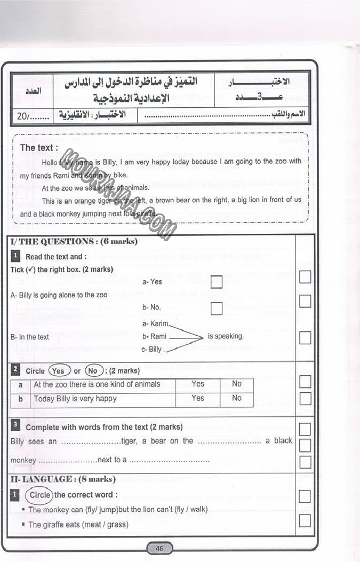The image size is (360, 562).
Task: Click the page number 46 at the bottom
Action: (x=159, y=549)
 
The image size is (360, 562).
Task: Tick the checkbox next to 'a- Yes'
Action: (x=216, y=282)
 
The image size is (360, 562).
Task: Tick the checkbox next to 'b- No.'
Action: (x=216, y=308)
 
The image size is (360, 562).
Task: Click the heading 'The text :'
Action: (x=39, y=148)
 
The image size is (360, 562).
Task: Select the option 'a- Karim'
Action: (x=155, y=323)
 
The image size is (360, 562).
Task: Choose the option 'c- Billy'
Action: (x=152, y=350)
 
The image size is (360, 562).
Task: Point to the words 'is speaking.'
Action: (x=226, y=336)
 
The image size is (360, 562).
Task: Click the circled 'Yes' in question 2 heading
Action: (x=59, y=370)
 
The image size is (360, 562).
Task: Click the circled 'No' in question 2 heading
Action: (x=93, y=370)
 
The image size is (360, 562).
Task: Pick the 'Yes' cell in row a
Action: (x=198, y=384)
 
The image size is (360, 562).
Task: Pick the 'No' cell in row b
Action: (x=236, y=398)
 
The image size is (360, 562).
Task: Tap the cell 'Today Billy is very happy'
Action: (x=75, y=398)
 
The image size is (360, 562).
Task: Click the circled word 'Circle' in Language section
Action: (x=39, y=495)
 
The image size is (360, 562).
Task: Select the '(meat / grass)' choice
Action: (x=105, y=525)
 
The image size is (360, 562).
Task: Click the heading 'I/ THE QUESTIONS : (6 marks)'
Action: (x=74, y=241)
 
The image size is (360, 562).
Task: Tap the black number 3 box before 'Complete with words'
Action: (x=16, y=426)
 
